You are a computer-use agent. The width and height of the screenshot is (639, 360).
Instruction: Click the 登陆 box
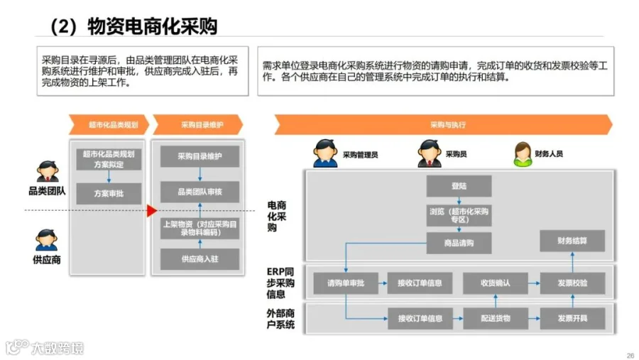459,186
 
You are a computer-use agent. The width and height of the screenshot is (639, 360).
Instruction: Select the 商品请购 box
459,243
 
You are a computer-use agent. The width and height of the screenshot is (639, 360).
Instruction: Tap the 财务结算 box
572,241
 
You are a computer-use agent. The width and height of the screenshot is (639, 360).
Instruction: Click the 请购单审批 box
346,283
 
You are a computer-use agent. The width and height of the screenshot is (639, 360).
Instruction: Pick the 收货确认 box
496,283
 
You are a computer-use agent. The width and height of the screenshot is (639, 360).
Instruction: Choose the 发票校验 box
572,283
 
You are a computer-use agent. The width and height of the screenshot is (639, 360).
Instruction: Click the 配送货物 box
496,318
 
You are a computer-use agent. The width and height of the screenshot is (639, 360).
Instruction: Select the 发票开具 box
572,318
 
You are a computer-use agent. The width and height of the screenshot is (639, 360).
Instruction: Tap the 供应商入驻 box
200,259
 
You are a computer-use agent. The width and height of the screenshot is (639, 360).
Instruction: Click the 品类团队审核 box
200,192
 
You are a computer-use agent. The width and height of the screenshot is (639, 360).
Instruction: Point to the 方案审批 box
109,193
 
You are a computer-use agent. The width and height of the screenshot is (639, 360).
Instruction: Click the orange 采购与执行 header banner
444,124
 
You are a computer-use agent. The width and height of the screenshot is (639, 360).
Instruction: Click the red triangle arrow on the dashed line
151,211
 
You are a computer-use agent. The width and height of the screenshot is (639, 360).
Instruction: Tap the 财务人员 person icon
523,153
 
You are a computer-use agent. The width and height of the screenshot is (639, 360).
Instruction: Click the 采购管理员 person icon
325,153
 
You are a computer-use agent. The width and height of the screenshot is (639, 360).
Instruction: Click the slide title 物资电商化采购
151,27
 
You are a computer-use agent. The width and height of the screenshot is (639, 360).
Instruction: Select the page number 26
630,355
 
